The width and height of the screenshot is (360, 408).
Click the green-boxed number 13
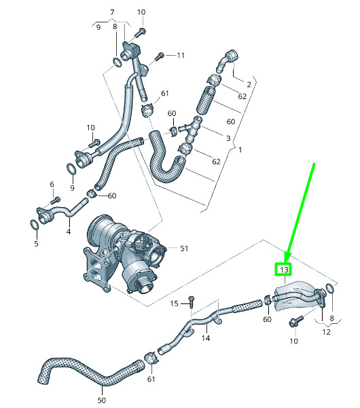pyautogui.click(x=284, y=270)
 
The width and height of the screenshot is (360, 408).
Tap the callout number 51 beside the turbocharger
pyautogui.click(x=184, y=248)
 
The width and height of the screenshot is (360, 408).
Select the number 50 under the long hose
pyautogui.click(x=101, y=401)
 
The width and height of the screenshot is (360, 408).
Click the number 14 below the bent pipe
pyautogui.click(x=206, y=338)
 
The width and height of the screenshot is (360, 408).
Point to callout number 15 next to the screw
pyautogui.click(x=174, y=303)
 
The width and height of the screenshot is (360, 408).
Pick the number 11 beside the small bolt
pyautogui.click(x=181, y=56)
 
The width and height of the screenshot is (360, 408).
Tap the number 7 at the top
pyautogui.click(x=112, y=12)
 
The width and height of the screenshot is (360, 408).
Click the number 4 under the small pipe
pyautogui.click(x=69, y=231)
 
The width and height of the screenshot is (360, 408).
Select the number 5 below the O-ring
pyautogui.click(x=37, y=244)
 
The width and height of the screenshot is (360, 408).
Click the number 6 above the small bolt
pyautogui.click(x=52, y=184)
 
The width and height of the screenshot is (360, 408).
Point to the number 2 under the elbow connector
pyautogui.click(x=249, y=85)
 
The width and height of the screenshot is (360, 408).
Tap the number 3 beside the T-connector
pyautogui.click(x=228, y=138)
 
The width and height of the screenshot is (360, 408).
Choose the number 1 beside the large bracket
pyautogui.click(x=240, y=149)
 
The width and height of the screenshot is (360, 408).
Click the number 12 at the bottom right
pyautogui.click(x=326, y=332)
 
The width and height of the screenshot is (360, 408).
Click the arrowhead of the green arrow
pyautogui.click(x=287, y=257)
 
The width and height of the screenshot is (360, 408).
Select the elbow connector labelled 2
pyautogui.click(x=226, y=60)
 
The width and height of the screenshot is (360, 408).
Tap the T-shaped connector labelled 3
pyautogui.click(x=191, y=129)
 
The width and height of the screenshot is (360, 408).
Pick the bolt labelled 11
pyautogui.click(x=160, y=56)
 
